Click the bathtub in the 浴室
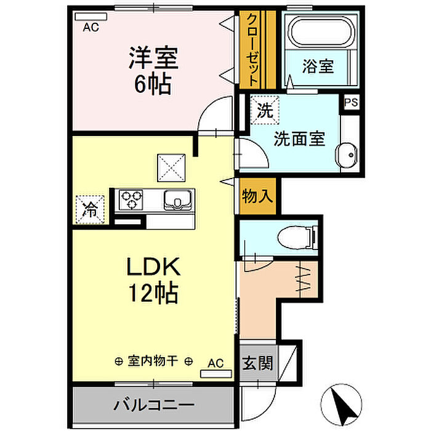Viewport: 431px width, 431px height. (321, 32)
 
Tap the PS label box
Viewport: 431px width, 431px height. (352, 102)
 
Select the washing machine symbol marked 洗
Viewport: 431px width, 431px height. (265, 110)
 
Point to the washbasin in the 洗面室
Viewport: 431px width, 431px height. (347, 155)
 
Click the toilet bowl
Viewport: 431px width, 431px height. (297, 237)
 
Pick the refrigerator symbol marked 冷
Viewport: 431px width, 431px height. (90, 209)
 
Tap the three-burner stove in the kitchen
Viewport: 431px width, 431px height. (131, 200)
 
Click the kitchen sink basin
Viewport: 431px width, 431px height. (177, 200)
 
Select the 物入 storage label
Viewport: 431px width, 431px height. (257, 196)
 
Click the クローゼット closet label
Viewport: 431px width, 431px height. (252, 50)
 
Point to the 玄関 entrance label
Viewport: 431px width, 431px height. (257, 363)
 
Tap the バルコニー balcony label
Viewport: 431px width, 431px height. (154, 405)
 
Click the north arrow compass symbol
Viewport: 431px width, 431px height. (341, 403)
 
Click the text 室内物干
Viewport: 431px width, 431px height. (153, 361)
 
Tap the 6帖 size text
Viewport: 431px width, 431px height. (153, 84)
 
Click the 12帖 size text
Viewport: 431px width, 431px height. (153, 292)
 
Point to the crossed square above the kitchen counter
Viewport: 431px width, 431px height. (171, 167)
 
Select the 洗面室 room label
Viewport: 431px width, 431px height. (299, 139)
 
